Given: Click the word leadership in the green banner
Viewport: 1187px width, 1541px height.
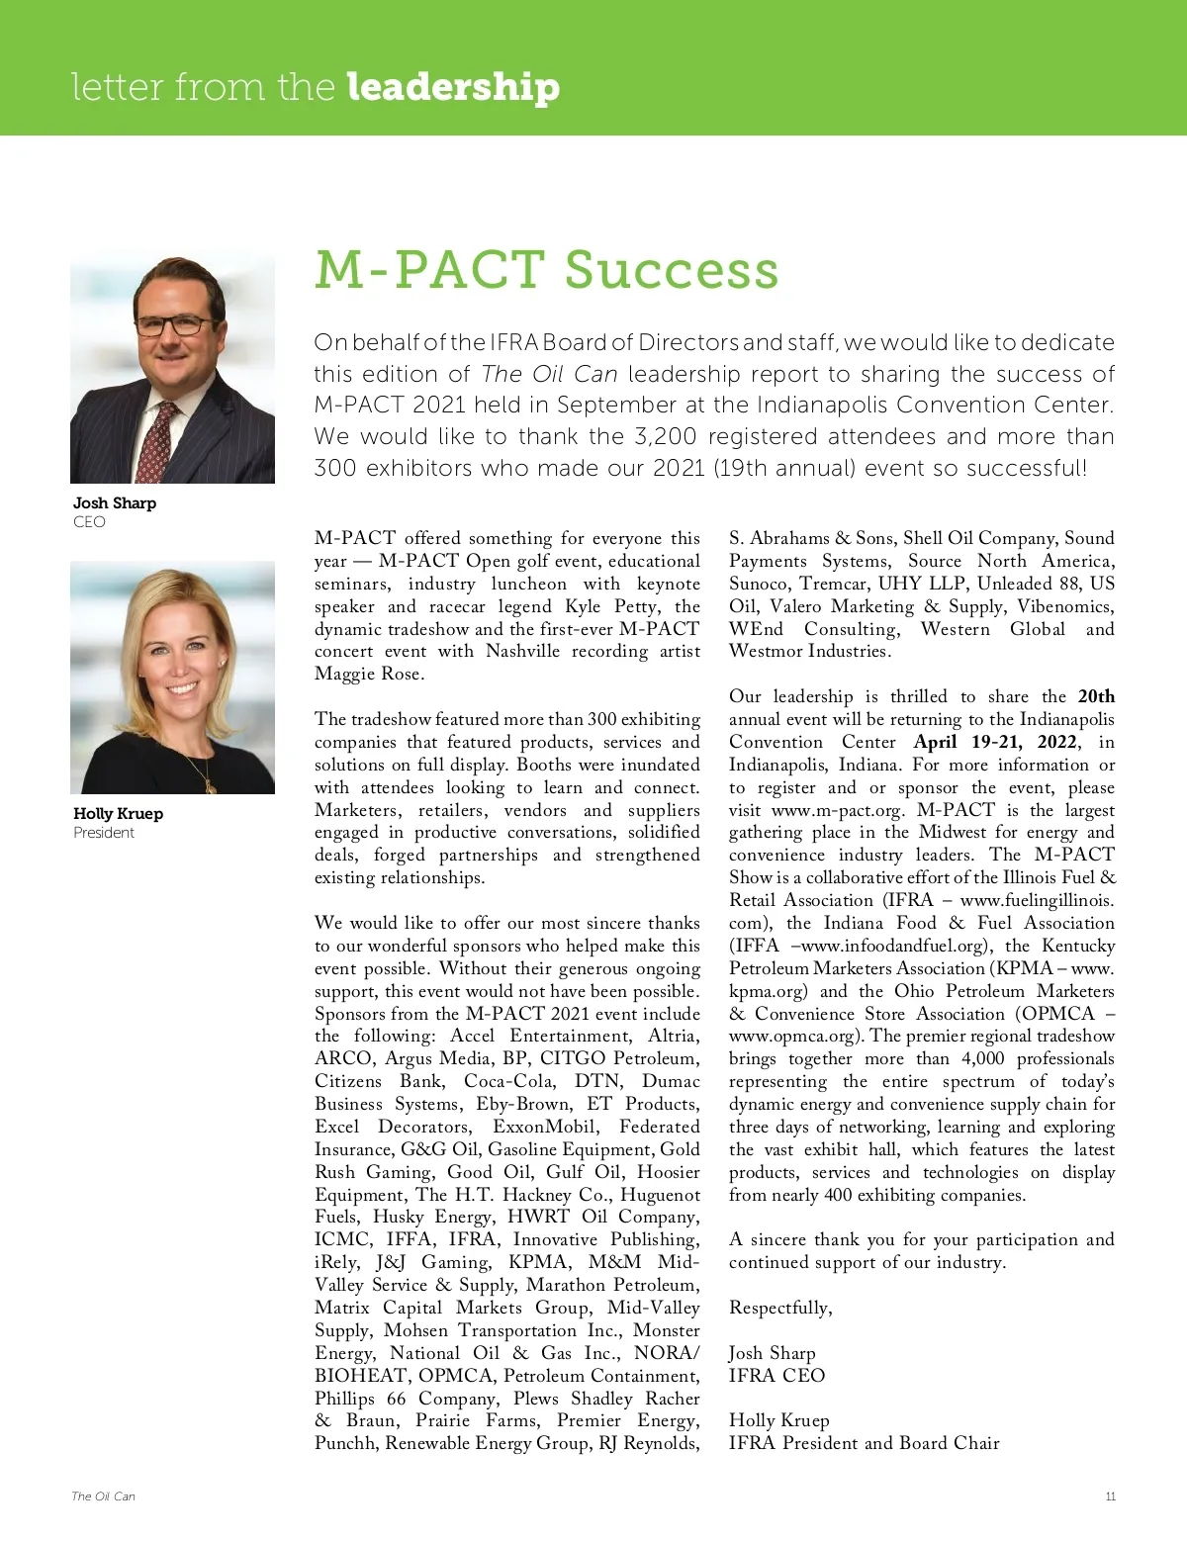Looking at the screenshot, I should tap(453, 87).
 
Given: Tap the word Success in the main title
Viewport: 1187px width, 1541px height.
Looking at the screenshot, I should tap(672, 269).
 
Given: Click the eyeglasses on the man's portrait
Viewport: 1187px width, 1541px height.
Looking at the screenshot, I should tap(173, 324).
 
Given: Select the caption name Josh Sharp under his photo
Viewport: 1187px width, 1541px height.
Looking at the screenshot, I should tap(115, 502).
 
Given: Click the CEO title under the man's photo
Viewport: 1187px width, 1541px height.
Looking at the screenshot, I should tap(89, 521).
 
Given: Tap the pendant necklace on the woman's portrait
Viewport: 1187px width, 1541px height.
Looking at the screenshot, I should tap(210, 783).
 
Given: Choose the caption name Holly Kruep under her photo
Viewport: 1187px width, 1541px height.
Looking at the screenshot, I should tap(118, 813).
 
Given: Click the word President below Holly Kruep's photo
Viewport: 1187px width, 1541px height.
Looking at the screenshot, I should tap(104, 833).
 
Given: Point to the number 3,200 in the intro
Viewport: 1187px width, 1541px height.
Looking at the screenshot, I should tap(665, 436).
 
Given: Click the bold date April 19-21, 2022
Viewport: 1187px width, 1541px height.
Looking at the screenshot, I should tap(997, 742).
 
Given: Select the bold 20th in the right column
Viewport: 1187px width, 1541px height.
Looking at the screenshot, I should tap(1096, 696).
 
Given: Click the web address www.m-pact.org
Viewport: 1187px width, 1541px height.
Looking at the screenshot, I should tap(837, 810).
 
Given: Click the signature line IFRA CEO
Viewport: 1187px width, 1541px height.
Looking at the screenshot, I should tap(776, 1375).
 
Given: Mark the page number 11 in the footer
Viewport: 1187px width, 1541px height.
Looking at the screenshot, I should tap(1111, 1496).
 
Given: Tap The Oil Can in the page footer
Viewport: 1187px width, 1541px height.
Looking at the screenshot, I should tap(103, 1496).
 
